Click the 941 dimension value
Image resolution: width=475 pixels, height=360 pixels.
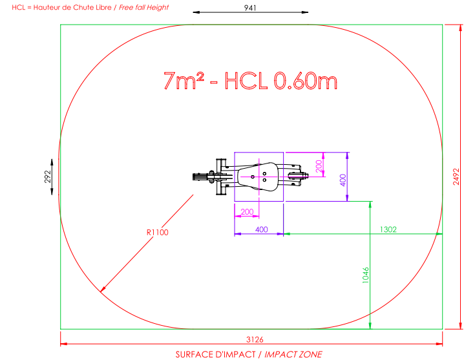coord(250,8)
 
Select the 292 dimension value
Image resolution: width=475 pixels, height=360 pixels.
coord(48,176)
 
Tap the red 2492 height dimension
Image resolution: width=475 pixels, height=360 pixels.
coord(456,176)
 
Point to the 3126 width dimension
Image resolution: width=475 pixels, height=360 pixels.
coord(255,339)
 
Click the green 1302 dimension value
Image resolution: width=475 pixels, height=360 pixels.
coord(388,229)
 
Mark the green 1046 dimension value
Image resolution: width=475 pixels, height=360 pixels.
coord(366,275)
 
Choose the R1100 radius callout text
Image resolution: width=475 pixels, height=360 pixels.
coord(158,233)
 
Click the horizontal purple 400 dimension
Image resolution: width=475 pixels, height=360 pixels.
coord(262,229)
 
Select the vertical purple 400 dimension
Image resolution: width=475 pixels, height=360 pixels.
coord(343,180)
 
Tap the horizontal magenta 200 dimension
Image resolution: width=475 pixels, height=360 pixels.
coord(247,212)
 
